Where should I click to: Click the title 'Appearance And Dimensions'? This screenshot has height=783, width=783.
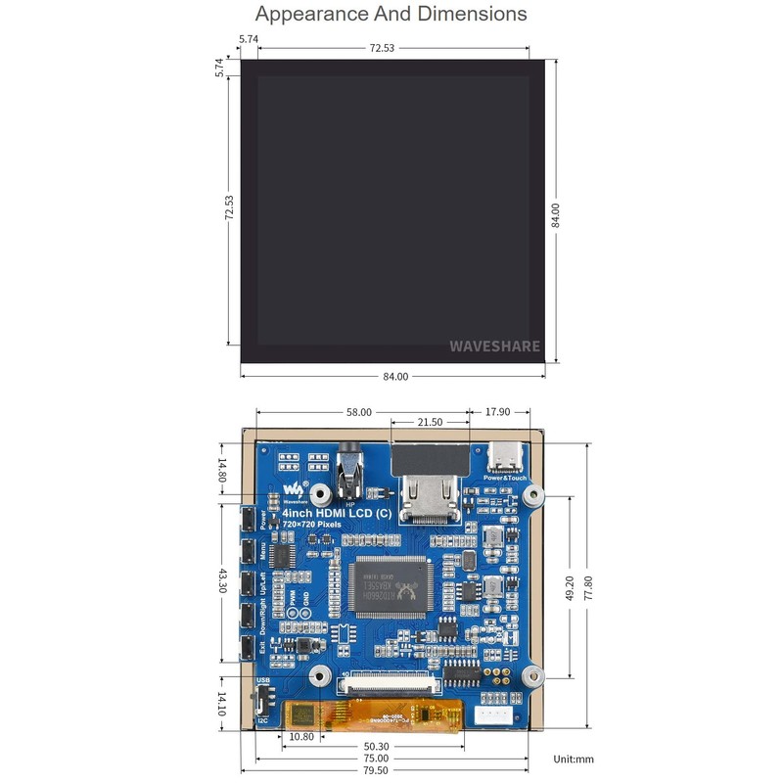[x=391, y=15]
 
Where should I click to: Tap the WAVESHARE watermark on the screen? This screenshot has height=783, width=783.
[x=495, y=345]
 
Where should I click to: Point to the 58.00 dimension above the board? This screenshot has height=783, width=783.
[x=359, y=412]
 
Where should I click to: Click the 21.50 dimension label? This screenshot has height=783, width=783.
[x=431, y=422]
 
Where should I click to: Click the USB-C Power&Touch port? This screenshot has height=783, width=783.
[x=505, y=460]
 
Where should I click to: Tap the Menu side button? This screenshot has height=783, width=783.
[x=248, y=550]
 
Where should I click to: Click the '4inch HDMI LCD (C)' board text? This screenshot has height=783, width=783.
[x=339, y=513]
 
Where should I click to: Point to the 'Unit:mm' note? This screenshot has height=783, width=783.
[x=573, y=759]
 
